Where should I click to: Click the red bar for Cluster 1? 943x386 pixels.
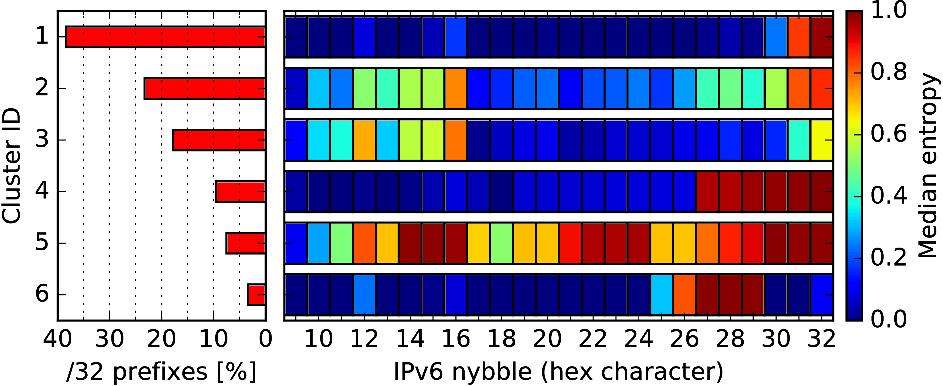166,37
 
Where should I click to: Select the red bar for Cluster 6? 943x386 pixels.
256,295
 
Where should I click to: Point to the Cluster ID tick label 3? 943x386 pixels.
42,140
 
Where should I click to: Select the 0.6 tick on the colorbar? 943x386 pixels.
889,134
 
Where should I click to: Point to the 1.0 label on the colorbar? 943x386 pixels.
889,10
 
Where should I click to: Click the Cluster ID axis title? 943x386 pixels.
11,166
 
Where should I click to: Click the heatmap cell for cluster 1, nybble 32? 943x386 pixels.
822,37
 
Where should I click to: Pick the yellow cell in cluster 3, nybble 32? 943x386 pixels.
822,140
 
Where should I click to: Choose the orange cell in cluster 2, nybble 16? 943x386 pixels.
456,88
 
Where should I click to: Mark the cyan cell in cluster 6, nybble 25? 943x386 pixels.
661,295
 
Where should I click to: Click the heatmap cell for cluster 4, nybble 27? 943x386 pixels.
707,191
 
